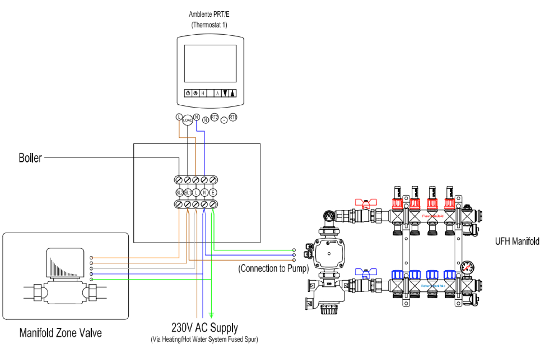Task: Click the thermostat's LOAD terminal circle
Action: pyautogui.click(x=187, y=120)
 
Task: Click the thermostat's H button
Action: pyautogui.click(x=203, y=93)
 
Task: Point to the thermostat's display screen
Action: pyautogui.click(x=210, y=63)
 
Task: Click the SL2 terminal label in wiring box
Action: pyautogui.click(x=179, y=192)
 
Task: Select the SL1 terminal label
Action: pyautogui.click(x=188, y=192)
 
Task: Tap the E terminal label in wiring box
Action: pyautogui.click(x=213, y=192)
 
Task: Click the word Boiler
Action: pyautogui.click(x=30, y=158)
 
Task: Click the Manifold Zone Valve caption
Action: pyautogui.click(x=60, y=333)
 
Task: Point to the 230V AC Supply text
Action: pyautogui.click(x=204, y=327)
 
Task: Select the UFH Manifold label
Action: pyautogui.click(x=517, y=241)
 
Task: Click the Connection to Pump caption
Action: pyautogui.click(x=273, y=268)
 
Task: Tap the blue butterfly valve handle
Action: pyautogui.click(x=363, y=273)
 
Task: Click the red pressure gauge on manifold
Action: pyautogui.click(x=467, y=267)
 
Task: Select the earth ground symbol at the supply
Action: pyautogui.click(x=212, y=314)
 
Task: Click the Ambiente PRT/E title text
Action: pyautogui.click(x=210, y=15)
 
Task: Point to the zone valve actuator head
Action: pyautogui.click(x=65, y=262)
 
